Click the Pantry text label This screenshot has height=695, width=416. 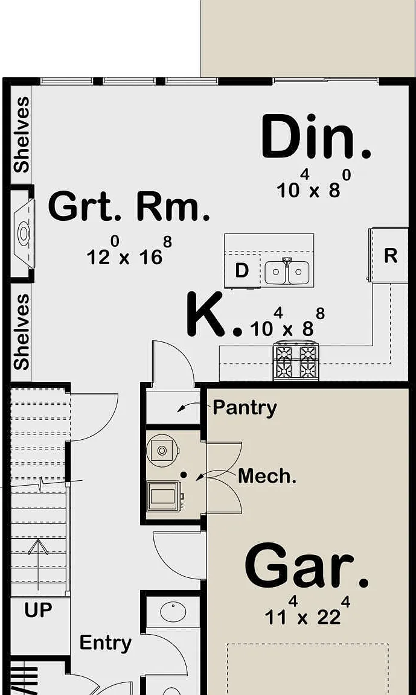point(245,408)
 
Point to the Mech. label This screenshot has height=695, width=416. point(267,476)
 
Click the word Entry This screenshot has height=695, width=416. point(106,643)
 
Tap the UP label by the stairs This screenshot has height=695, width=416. point(38,611)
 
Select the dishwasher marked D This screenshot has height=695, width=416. point(242,270)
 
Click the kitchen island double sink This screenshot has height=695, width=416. point(287,272)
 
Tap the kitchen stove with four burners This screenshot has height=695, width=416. point(296,361)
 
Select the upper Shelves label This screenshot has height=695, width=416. point(21,135)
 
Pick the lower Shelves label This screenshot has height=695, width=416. point(21,332)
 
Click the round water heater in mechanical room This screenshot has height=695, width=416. point(162,451)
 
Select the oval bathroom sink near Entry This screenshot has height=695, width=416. point(173,612)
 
